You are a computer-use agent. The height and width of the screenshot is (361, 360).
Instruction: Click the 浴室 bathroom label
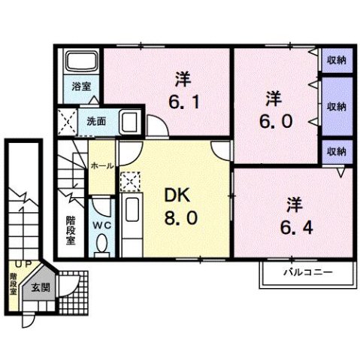click(x=79, y=86)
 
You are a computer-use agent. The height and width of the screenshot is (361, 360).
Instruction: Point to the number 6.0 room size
click(x=277, y=120)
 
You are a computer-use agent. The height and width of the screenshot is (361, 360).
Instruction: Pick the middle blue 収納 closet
click(x=335, y=106)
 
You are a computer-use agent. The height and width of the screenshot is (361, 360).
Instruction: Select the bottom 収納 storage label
click(x=335, y=152)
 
